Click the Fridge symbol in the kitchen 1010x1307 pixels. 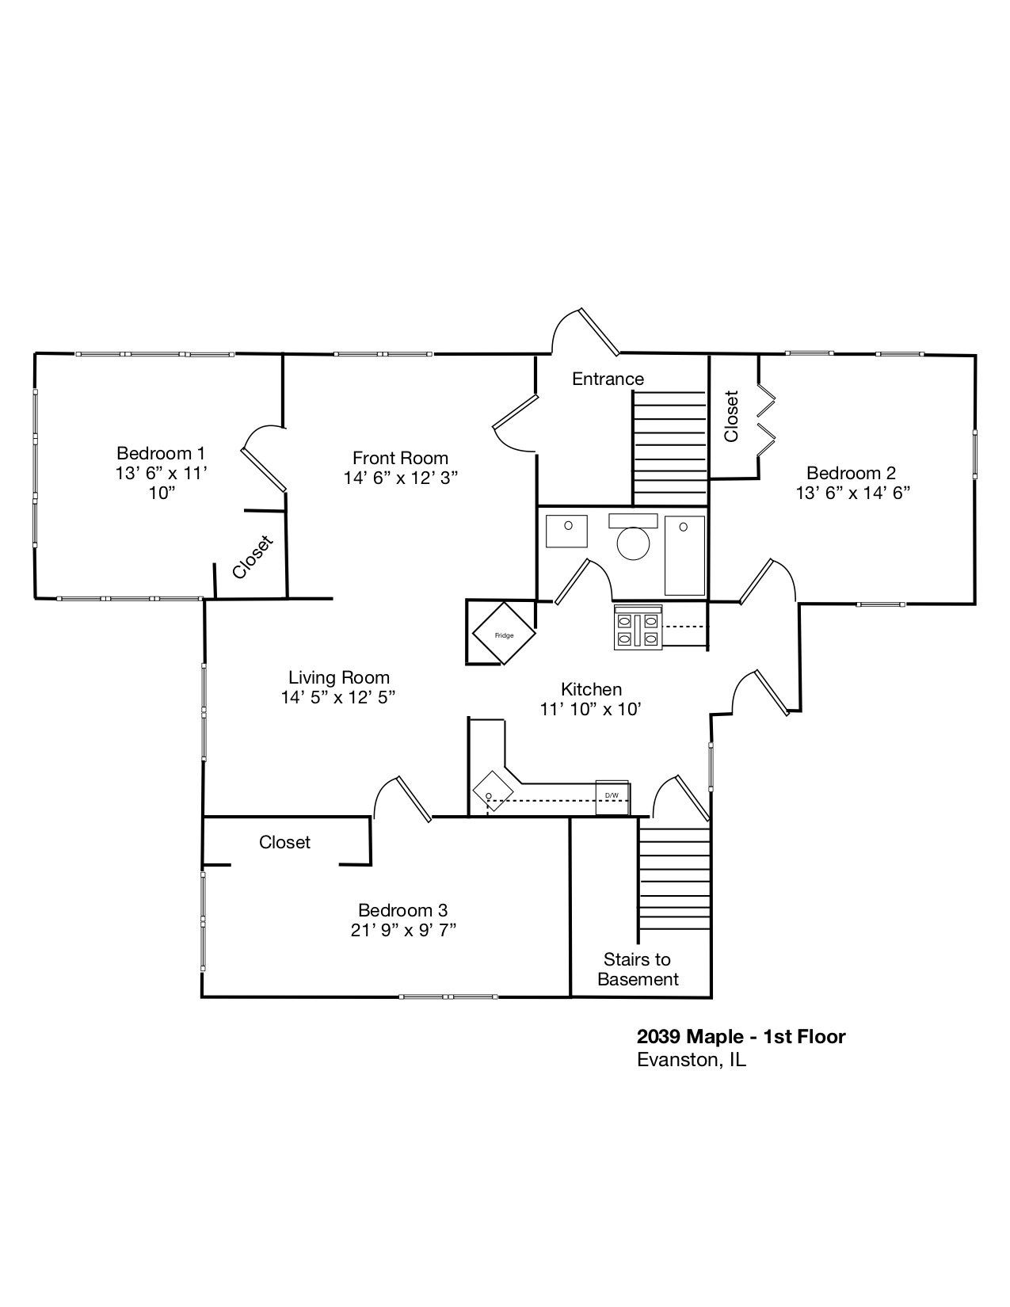pyautogui.click(x=504, y=634)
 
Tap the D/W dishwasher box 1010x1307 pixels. pyautogui.click(x=612, y=797)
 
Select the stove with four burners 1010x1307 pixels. pyautogui.click(x=638, y=627)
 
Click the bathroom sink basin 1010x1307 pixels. pyautogui.click(x=567, y=530)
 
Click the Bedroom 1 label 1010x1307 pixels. pyautogui.click(x=161, y=453)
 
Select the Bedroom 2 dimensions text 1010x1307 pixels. pyautogui.click(x=852, y=493)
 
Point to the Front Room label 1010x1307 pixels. pyautogui.click(x=400, y=458)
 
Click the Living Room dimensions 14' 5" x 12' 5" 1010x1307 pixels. pyautogui.click(x=338, y=697)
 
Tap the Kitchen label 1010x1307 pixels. pyautogui.click(x=591, y=689)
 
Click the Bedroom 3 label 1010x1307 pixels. pyautogui.click(x=402, y=910)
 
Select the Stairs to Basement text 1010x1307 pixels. pyautogui.click(x=638, y=970)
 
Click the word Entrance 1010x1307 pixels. pyautogui.click(x=608, y=379)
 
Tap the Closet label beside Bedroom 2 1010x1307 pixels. pyautogui.click(x=731, y=416)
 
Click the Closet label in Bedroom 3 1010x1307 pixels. pyautogui.click(x=284, y=842)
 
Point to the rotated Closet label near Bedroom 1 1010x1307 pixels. pyautogui.click(x=253, y=557)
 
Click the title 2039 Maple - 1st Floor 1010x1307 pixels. pyautogui.click(x=741, y=1036)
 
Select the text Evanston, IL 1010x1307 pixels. pyautogui.click(x=691, y=1060)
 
